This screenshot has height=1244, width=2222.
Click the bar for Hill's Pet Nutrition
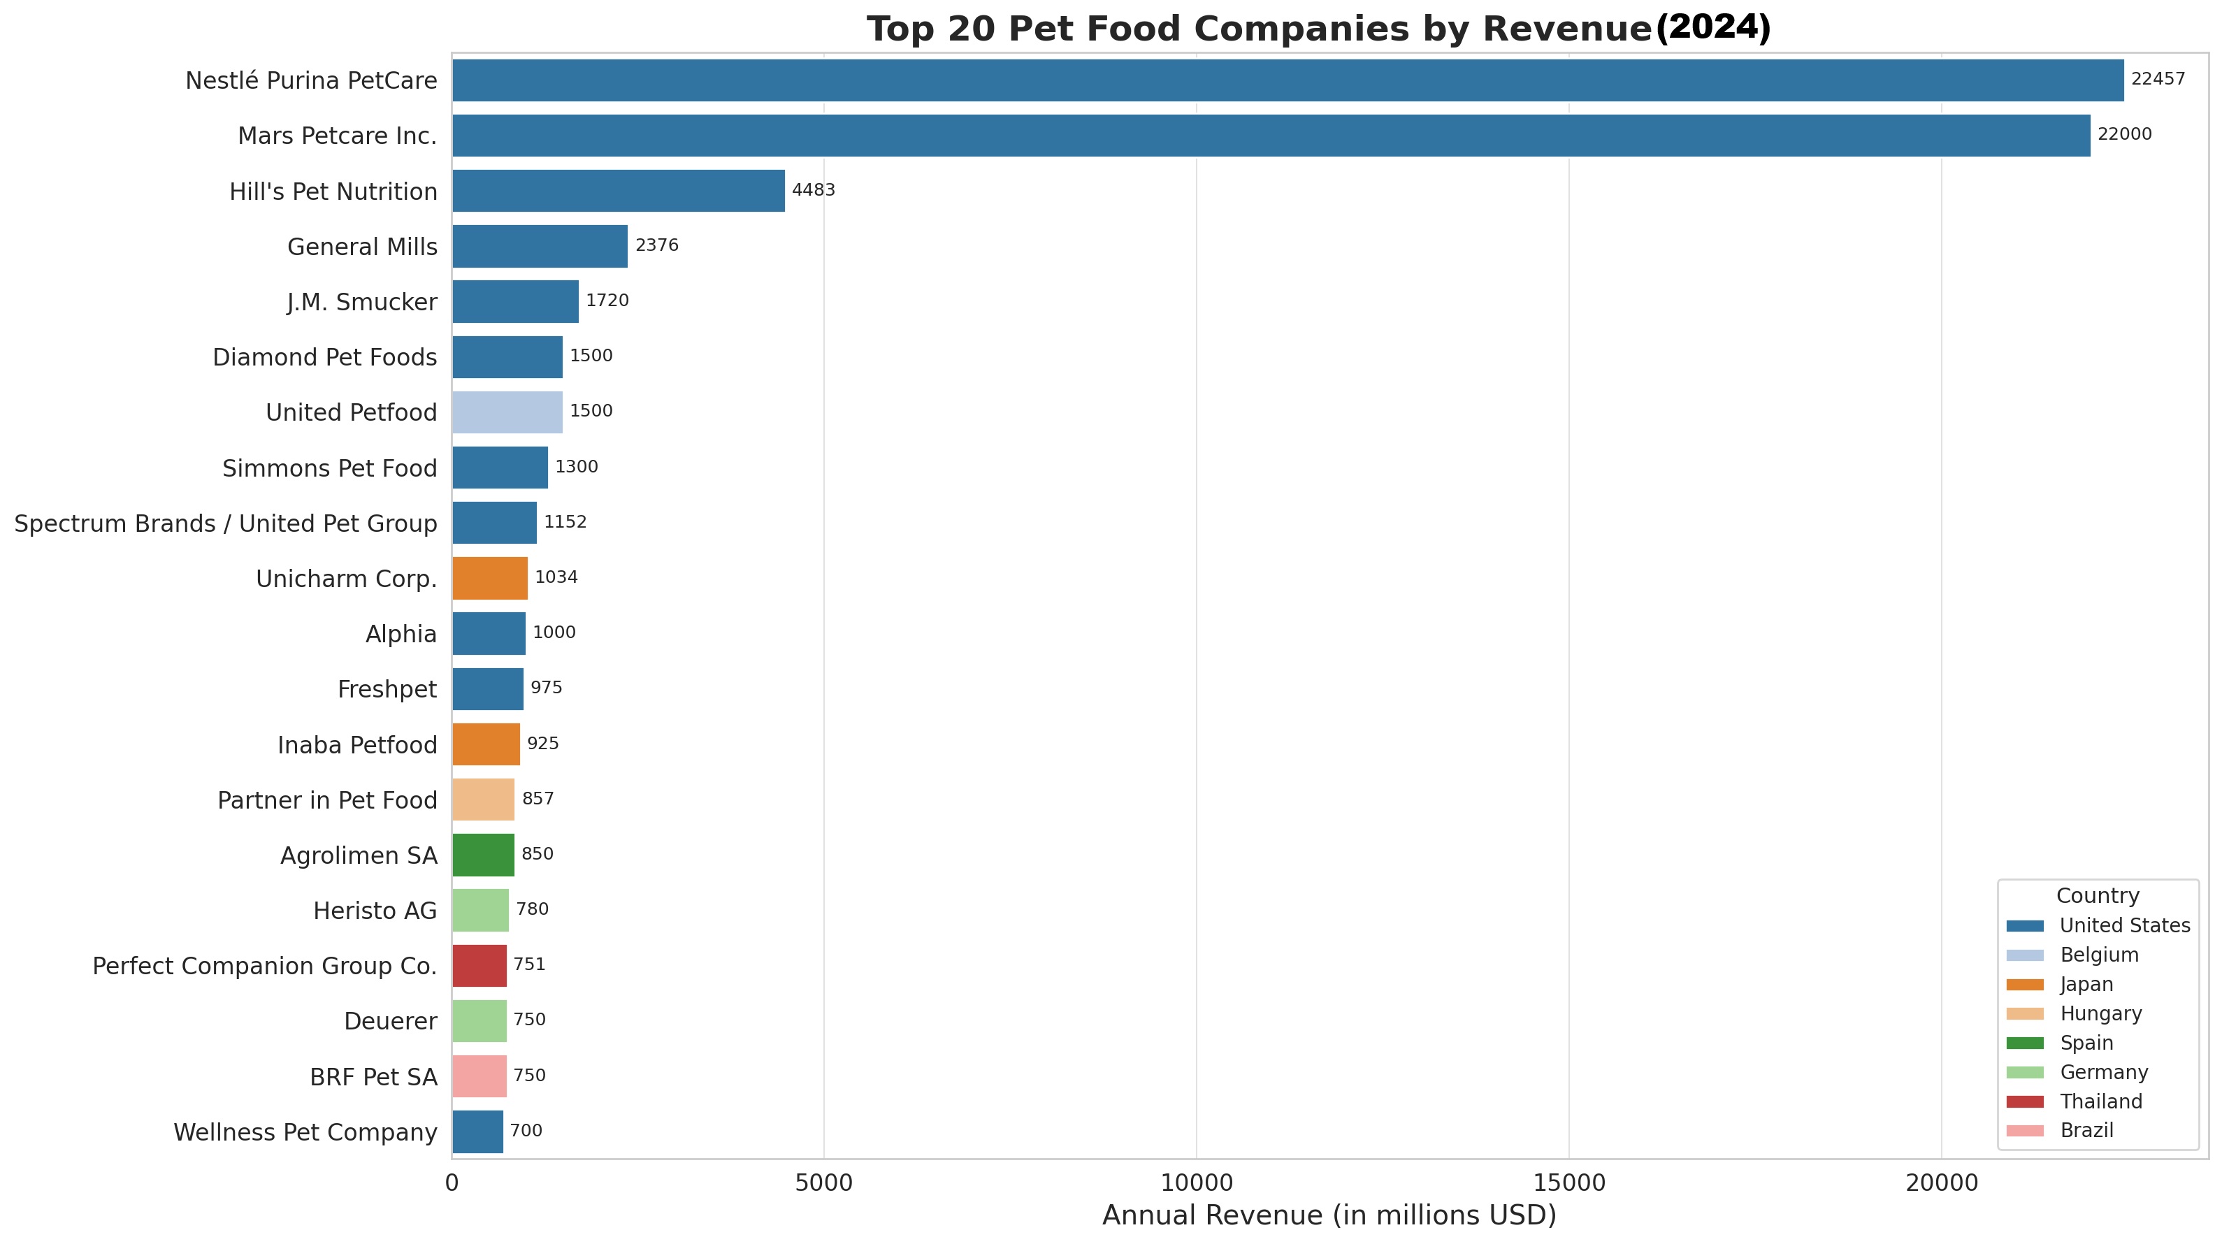[x=618, y=191]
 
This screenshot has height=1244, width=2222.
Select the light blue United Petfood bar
[x=507, y=412]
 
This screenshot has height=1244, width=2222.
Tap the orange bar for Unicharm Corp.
[x=489, y=578]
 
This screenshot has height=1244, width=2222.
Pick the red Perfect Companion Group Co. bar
[x=479, y=965]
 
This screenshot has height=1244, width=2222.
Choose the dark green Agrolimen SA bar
[x=482, y=855]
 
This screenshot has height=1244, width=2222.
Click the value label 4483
[x=813, y=190]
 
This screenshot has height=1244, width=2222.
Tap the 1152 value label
[x=565, y=522]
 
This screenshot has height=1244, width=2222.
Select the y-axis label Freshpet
[x=387, y=689]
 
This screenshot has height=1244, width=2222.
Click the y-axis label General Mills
[x=362, y=247]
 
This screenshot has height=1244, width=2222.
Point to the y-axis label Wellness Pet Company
[x=305, y=1132]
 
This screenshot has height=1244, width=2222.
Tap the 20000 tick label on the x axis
[x=1941, y=1182]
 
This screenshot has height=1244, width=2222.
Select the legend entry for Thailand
[x=2100, y=1101]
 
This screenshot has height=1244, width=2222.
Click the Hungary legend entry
[x=2100, y=1013]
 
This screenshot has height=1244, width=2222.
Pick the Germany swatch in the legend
[x=2024, y=1072]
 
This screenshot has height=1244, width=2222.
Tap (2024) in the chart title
[x=1712, y=28]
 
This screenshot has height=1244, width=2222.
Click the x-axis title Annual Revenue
[x=1328, y=1215]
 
